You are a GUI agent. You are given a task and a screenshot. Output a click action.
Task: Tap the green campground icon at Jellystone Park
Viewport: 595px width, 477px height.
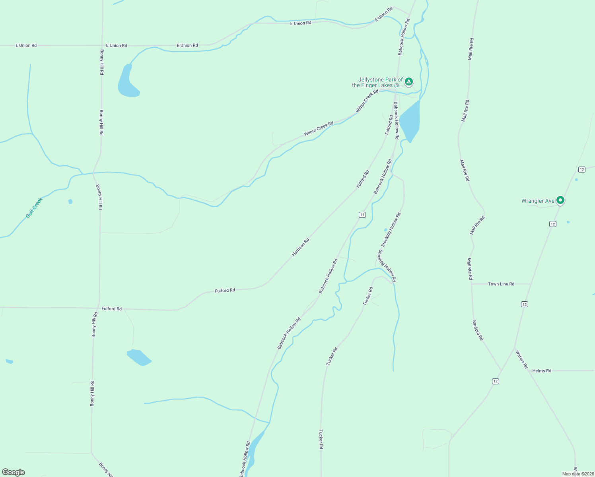[408, 82]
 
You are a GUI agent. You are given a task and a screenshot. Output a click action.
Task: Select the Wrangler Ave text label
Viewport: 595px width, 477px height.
[538, 201]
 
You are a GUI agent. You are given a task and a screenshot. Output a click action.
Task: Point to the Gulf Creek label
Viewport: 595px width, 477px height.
[34, 208]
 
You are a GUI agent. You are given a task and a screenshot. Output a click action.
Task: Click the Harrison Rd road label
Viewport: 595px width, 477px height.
[300, 247]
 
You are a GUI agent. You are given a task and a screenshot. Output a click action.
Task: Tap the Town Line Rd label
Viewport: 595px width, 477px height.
[501, 284]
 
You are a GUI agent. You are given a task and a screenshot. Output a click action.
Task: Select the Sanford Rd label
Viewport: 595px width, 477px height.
[478, 330]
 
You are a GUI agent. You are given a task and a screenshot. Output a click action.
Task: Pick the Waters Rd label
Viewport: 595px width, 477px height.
[521, 359]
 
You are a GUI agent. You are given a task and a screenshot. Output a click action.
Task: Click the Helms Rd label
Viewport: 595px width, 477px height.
[542, 371]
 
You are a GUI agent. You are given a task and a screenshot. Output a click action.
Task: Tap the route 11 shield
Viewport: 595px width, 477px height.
[362, 215]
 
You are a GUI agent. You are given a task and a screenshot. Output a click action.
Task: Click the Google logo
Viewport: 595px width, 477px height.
[14, 472]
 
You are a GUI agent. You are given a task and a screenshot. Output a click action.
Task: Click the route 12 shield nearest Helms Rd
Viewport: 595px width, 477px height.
[495, 381]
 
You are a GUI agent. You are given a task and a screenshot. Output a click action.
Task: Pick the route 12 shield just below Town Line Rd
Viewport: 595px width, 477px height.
[525, 304]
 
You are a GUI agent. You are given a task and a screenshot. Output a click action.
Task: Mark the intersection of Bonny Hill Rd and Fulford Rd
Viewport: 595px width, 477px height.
[98, 308]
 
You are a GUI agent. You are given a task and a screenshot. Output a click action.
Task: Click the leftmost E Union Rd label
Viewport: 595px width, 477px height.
[26, 45]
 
